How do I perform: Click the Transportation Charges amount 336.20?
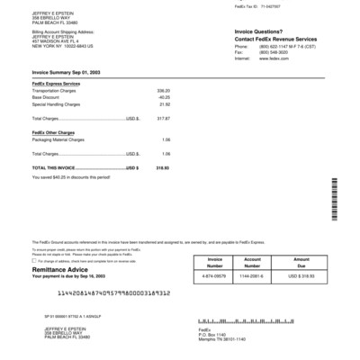click(x=164, y=91)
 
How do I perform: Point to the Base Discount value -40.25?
click(x=164, y=97)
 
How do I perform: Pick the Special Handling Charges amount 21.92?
click(x=165, y=104)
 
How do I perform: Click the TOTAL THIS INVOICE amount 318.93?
click(x=163, y=167)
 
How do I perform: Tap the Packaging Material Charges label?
click(x=58, y=139)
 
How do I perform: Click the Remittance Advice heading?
click(x=60, y=269)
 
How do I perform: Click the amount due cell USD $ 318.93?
click(x=301, y=275)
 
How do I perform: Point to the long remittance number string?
click(x=111, y=294)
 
